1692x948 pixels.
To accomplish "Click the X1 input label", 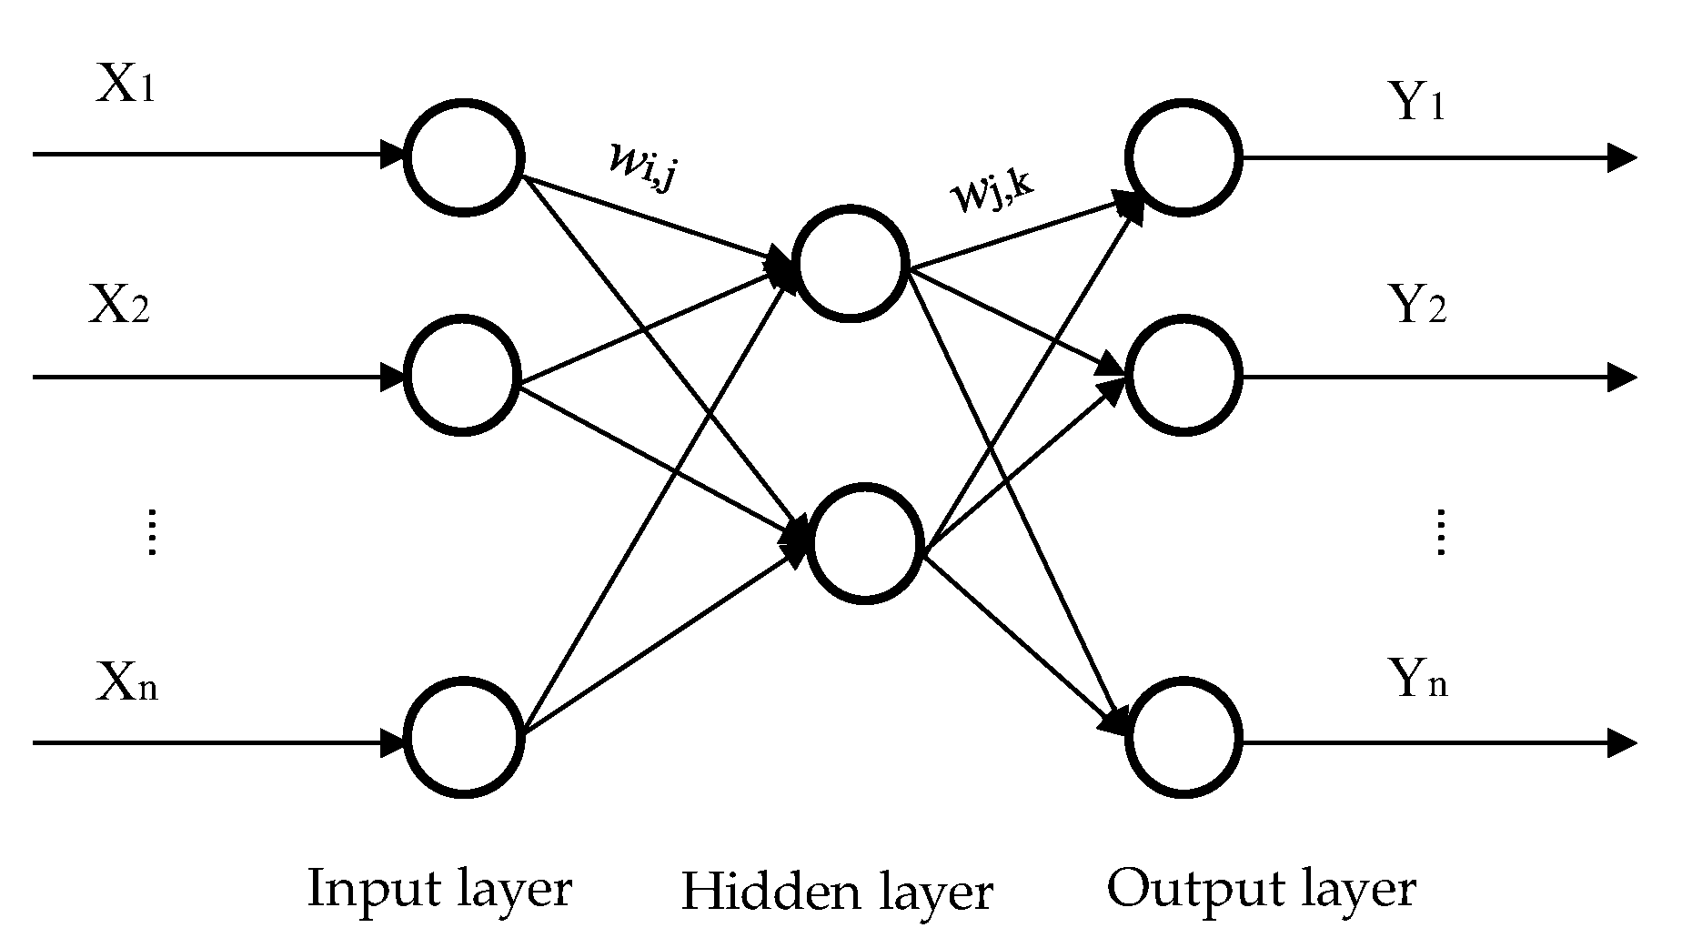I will point(126,87).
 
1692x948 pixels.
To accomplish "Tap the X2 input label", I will point(119,307).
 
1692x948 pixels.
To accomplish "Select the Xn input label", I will point(126,683).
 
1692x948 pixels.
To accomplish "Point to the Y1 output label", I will point(1417,103).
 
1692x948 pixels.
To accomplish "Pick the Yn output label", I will point(1418,680).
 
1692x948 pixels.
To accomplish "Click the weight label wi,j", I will point(642,165).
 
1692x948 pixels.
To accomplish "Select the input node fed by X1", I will point(463,156).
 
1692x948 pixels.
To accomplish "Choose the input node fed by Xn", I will point(463,738).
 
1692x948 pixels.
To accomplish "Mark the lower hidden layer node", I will point(864,544).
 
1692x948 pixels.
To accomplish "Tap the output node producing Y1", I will point(1183,156).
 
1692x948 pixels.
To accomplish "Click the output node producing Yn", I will point(1183,738).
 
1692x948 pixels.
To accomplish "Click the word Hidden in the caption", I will point(770,892).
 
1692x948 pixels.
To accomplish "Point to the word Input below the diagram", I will point(368,889).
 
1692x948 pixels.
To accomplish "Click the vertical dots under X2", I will point(152,532).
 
